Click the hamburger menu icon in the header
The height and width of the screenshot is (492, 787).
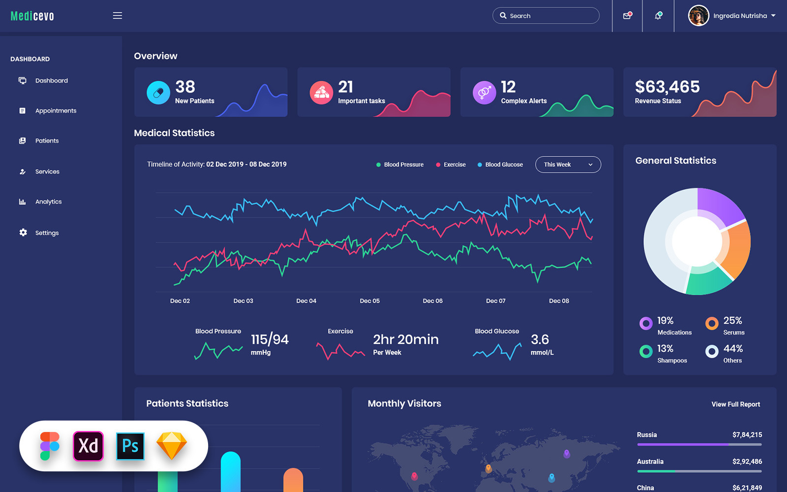[x=117, y=16]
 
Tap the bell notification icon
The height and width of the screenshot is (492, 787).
[x=658, y=16]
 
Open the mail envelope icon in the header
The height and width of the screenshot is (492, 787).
[x=627, y=16]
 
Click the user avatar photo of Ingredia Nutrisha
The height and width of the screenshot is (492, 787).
[x=698, y=16]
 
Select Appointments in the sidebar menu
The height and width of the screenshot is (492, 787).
[x=56, y=111]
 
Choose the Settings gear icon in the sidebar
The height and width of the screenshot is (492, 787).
[x=23, y=232]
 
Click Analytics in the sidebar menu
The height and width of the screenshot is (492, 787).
[x=48, y=202]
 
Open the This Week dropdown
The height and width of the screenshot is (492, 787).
[x=568, y=165]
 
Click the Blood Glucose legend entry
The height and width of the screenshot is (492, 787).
[x=504, y=165]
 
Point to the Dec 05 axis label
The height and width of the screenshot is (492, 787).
[x=369, y=301]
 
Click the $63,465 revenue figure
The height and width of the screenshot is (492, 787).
[x=667, y=87]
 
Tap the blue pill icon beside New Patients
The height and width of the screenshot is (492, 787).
[x=158, y=92]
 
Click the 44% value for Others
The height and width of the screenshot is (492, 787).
[x=733, y=348]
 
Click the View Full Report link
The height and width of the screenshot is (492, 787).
[x=735, y=404]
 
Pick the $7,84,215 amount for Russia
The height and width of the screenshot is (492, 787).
[x=747, y=435]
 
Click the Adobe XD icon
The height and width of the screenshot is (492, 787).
[x=89, y=446]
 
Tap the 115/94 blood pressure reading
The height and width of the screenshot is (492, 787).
[x=270, y=339]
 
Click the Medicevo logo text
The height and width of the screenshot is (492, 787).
[x=32, y=16]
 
